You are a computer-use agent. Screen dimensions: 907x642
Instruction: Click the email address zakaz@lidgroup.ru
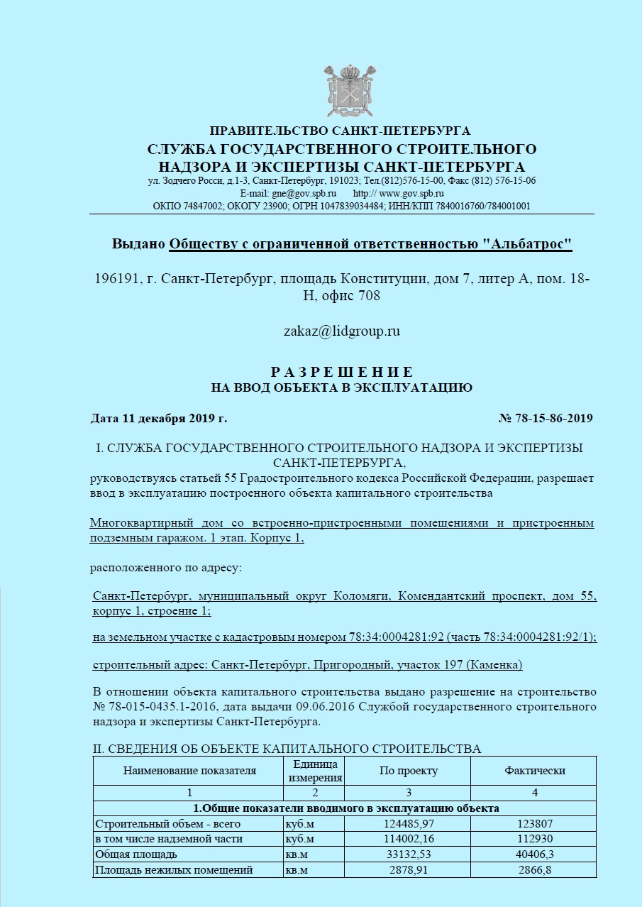tap(342, 331)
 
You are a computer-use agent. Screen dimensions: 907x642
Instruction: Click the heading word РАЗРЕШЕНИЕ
tap(342, 373)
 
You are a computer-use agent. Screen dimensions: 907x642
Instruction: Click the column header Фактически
tap(535, 771)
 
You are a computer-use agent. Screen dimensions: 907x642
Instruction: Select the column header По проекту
tap(409, 771)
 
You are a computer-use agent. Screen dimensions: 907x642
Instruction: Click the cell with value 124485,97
tap(409, 824)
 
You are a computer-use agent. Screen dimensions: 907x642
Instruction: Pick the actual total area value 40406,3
tap(535, 854)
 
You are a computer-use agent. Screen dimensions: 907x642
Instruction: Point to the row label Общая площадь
tap(136, 854)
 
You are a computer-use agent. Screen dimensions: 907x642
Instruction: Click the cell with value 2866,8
tap(535, 869)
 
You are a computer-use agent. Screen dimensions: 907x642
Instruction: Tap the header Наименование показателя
tap(189, 771)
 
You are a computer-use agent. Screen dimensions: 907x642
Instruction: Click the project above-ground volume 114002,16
tap(409, 839)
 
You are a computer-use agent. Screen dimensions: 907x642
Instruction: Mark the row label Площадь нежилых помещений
tap(174, 869)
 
